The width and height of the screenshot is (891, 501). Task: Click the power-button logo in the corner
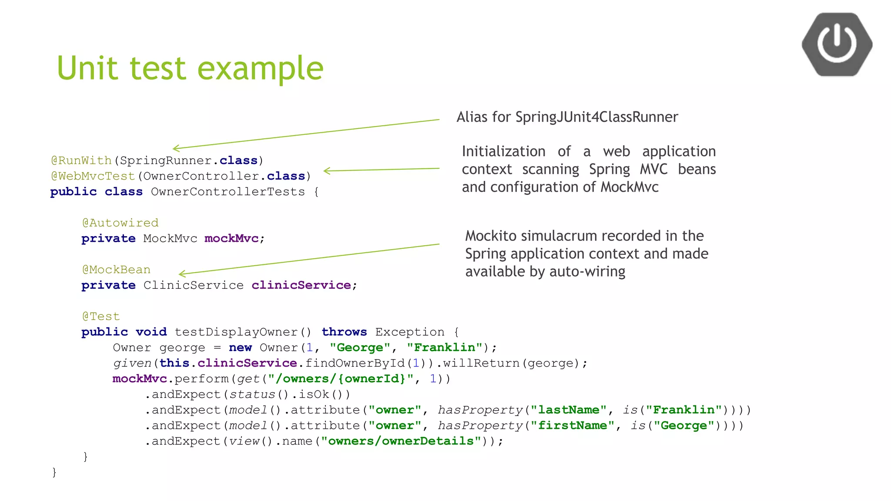point(837,44)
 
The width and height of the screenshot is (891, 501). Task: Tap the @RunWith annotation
point(81,160)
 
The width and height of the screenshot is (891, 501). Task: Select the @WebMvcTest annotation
point(93,176)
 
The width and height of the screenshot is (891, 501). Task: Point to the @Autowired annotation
point(120,223)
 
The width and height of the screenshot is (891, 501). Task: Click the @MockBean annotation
point(116,270)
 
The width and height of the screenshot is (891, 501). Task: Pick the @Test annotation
point(100,317)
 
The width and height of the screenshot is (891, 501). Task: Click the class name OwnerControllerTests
point(228,192)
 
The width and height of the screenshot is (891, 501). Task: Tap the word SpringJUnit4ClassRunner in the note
point(596,117)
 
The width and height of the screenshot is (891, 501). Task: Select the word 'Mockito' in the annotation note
point(491,236)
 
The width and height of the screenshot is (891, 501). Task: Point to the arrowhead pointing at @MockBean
point(181,274)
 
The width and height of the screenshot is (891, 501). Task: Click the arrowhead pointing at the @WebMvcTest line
point(326,171)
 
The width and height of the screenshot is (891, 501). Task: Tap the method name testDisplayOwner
point(236,332)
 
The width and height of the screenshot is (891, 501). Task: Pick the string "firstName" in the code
point(572,426)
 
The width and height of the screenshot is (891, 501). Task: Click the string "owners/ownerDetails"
point(401,441)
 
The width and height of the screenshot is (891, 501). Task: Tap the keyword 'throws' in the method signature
point(344,332)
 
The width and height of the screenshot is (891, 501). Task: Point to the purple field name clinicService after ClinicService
point(301,285)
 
